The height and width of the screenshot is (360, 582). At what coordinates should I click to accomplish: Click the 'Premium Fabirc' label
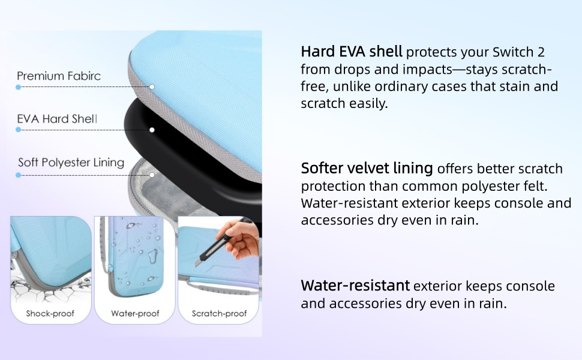59,76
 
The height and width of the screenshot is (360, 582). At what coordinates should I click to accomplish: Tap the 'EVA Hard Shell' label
57,119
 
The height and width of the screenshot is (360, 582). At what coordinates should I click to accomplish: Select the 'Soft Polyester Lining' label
71,163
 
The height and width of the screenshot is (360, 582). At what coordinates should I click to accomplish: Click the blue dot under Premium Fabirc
18,87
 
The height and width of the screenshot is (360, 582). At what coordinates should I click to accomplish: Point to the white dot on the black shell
152,130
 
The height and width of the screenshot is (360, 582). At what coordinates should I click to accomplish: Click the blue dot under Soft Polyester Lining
18,175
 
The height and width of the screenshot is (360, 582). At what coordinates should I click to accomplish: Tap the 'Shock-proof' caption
50,314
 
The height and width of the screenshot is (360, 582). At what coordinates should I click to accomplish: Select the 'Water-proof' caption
135,314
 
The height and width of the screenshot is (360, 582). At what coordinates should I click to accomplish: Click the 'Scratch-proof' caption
220,314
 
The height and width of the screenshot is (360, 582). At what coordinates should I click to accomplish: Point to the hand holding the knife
242,240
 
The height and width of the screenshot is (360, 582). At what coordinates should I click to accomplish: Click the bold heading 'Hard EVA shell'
352,52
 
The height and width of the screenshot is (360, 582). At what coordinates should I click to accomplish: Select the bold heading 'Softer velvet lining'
367,168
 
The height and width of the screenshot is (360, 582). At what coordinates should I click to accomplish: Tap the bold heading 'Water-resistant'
355,286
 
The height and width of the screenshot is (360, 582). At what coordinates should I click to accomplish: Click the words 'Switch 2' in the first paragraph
518,52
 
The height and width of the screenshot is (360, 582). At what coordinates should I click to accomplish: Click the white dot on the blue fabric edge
152,87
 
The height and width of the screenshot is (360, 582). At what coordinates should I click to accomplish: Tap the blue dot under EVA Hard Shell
18,130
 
